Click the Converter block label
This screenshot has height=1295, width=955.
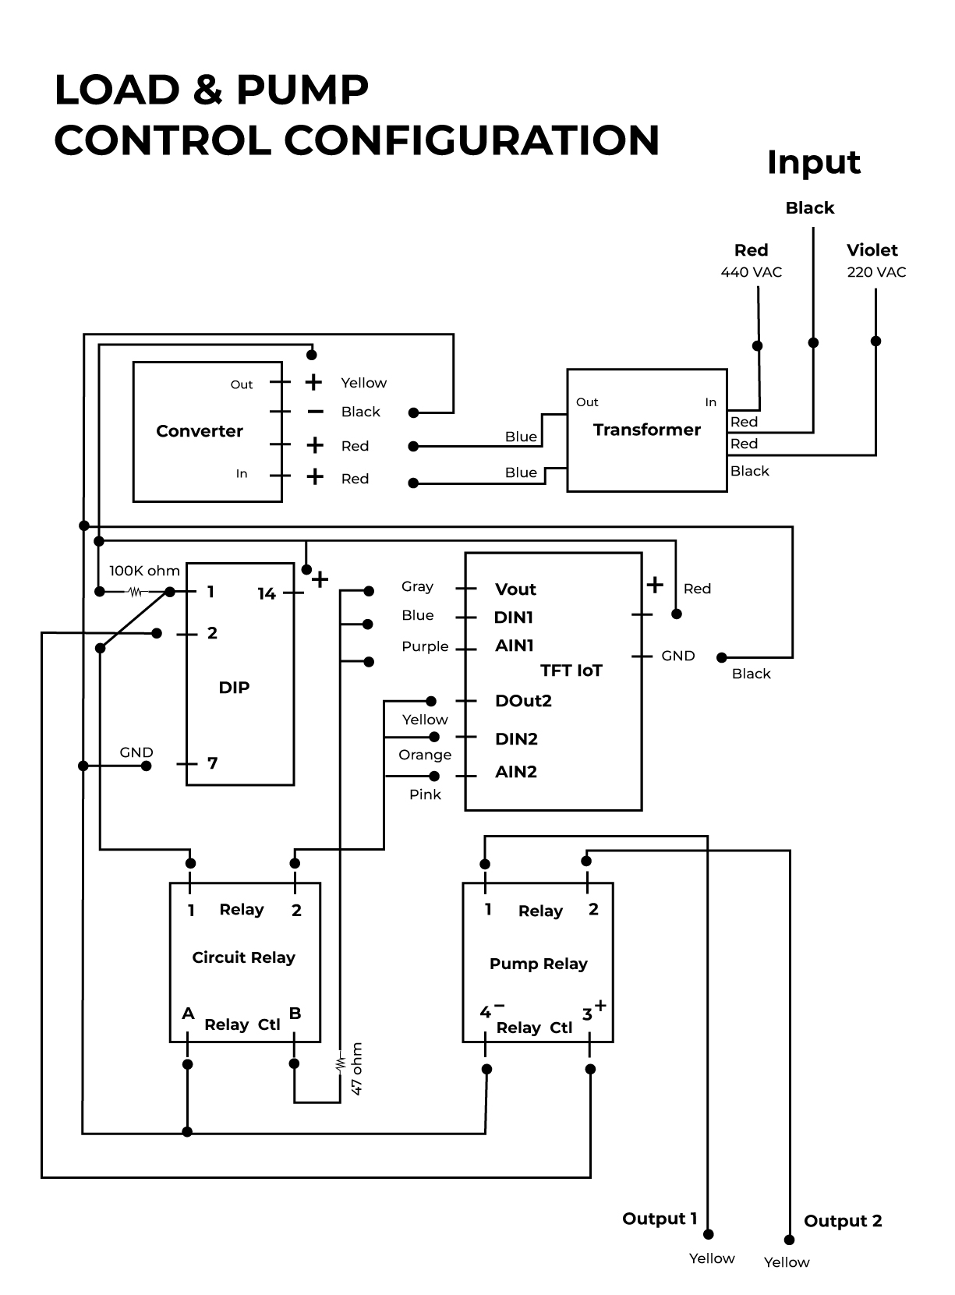200,431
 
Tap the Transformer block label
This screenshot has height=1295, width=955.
646,430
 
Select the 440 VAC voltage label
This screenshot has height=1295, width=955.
751,272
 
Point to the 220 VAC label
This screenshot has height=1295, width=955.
876,272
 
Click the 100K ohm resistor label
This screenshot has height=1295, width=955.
144,571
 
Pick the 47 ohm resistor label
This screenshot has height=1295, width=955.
357,1068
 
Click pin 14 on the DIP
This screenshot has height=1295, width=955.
267,594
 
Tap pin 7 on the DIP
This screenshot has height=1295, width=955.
212,763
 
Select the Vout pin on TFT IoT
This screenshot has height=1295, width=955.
515,589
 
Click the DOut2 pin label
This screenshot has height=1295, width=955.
523,701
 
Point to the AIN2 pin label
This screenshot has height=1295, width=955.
516,772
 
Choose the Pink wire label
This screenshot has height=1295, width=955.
425,794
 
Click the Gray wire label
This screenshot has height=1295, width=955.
417,586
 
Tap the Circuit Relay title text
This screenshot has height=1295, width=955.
243,957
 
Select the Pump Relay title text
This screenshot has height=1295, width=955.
538,964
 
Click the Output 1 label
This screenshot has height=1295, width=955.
660,1219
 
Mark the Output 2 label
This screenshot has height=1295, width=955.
843,1221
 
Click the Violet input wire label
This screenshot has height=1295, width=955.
872,250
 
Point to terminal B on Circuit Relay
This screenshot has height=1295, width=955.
295,1014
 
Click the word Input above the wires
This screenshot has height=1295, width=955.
813,162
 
